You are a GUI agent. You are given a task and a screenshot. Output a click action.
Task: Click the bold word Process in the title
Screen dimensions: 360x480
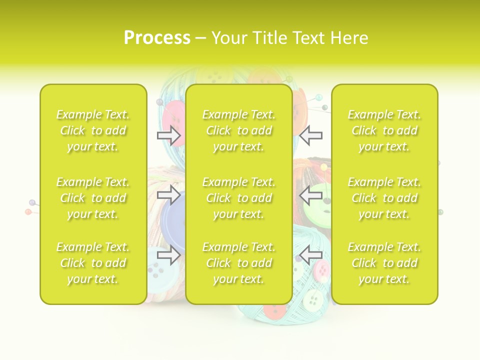(157, 38)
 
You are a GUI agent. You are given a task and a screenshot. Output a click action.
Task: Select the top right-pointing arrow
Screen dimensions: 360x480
(169, 135)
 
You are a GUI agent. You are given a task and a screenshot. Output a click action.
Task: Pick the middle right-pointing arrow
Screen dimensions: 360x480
(169, 194)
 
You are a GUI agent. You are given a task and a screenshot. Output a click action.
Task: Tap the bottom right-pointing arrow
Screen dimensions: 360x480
(169, 255)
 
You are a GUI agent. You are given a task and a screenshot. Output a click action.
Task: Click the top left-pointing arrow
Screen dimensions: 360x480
(311, 135)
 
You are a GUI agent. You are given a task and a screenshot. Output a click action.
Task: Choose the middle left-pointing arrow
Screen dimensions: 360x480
(311, 194)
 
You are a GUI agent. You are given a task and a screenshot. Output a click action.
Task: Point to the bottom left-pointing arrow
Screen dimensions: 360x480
(311, 255)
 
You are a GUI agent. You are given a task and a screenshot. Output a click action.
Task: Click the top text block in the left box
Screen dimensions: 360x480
(93, 130)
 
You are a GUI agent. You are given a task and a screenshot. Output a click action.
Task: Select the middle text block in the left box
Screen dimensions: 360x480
(93, 198)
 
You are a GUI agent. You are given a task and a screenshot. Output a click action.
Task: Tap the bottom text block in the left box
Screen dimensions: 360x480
(93, 263)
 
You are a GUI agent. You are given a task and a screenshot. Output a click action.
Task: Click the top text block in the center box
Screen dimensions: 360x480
(239, 130)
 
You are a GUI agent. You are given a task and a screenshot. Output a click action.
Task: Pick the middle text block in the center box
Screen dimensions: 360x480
(239, 198)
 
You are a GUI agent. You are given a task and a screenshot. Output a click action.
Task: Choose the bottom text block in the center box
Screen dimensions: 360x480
(239, 263)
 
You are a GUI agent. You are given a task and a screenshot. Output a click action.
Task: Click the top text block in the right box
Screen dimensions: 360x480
(384, 130)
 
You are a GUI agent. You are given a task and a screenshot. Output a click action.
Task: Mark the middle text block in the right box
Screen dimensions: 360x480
(384, 198)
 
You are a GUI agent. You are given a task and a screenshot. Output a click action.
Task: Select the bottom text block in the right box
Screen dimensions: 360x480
(384, 263)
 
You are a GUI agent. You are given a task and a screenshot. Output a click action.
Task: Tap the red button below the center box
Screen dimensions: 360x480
(274, 311)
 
